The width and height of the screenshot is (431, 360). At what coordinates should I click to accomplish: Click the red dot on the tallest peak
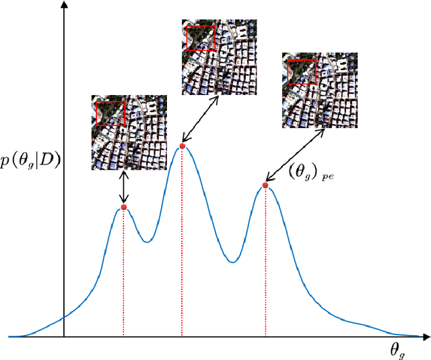click(x=182, y=146)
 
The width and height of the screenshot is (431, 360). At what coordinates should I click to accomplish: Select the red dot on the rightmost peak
click(x=265, y=185)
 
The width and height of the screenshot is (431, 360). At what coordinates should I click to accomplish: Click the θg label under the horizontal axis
click(x=397, y=349)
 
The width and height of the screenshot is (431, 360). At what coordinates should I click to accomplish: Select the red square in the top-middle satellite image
click(x=201, y=38)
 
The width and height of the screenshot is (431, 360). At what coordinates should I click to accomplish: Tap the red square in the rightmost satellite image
click(x=301, y=71)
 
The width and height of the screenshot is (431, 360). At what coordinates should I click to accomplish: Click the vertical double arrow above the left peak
click(x=123, y=187)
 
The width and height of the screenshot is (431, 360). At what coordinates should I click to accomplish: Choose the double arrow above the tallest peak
click(x=200, y=119)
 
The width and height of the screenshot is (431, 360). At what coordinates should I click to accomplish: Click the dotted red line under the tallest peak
click(x=182, y=243)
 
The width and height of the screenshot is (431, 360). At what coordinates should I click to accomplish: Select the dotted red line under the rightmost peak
click(x=265, y=263)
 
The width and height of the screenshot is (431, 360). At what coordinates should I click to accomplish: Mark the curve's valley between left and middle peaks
click(x=147, y=241)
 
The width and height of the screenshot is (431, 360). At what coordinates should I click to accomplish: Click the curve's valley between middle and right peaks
click(x=232, y=262)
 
